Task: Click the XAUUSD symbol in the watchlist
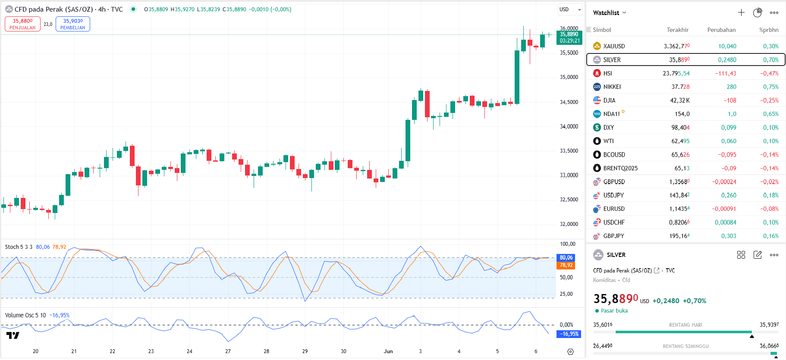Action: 613,46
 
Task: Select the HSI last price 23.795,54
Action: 676,73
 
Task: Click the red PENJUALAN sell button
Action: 22,24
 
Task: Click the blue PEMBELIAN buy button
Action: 73,24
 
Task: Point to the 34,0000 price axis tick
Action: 569,126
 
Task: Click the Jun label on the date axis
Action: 388,351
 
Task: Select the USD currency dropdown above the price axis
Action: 570,9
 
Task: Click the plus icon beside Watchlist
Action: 741,13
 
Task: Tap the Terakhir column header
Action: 677,30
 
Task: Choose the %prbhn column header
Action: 769,30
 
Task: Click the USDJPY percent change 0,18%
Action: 771,195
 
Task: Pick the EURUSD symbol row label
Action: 613,209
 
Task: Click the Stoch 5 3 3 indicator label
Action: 19,247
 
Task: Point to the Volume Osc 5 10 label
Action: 25,315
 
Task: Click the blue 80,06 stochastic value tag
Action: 566,257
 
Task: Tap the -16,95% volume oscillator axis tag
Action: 569,334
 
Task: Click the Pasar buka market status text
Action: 614,310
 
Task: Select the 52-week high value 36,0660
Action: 769,346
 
